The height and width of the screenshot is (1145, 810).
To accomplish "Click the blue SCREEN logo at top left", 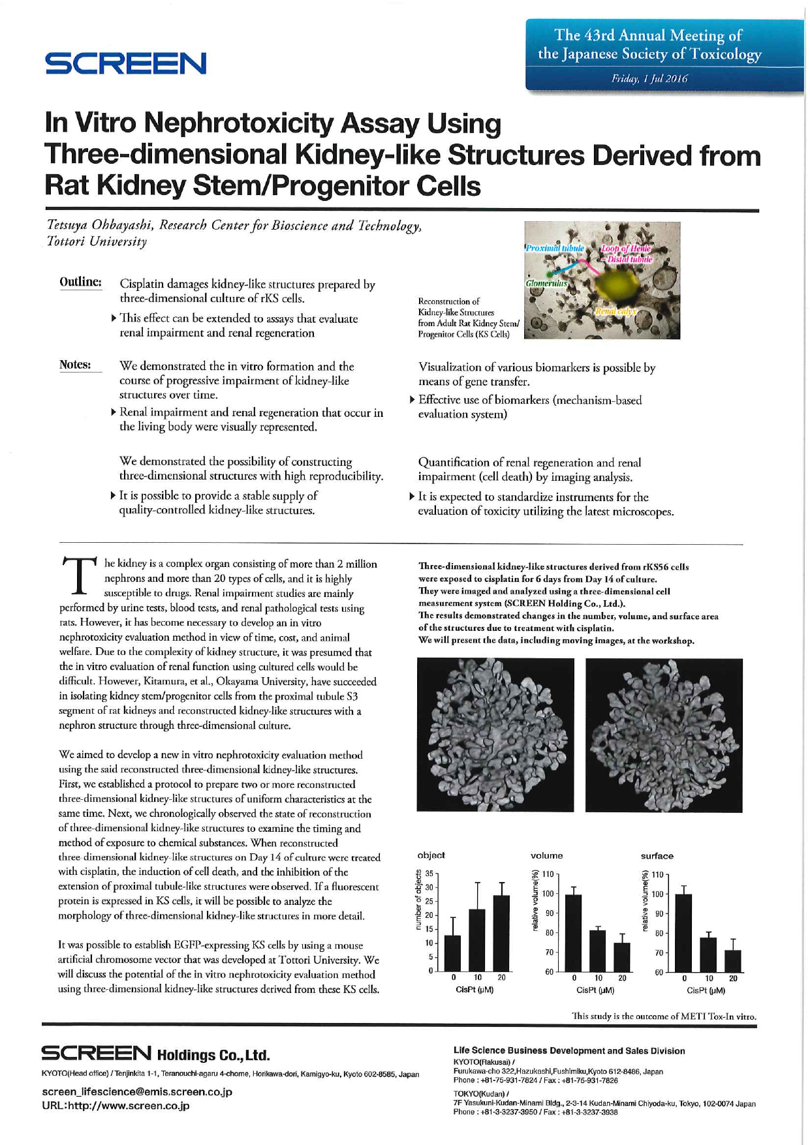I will (125, 64).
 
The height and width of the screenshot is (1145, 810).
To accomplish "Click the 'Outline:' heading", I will (80, 282).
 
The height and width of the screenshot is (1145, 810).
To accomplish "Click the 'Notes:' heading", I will (75, 365).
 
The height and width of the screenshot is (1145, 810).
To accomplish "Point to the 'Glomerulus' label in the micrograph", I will (546, 284).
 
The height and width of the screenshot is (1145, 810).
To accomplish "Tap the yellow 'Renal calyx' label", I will (615, 312).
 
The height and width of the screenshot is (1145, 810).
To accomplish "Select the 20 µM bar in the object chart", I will (501, 933).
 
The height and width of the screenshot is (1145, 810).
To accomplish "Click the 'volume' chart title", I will (546, 855).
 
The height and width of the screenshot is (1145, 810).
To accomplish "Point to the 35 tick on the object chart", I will (429, 873).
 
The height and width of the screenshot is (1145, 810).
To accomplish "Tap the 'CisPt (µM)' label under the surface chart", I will (707, 990).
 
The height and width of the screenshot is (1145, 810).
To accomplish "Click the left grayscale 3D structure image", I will (495, 735).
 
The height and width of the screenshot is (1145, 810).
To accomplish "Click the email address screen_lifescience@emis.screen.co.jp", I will (137, 1092).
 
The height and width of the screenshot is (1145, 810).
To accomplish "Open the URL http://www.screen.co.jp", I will (116, 1106).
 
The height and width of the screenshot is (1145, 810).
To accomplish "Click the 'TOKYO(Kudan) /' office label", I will (480, 1093).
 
